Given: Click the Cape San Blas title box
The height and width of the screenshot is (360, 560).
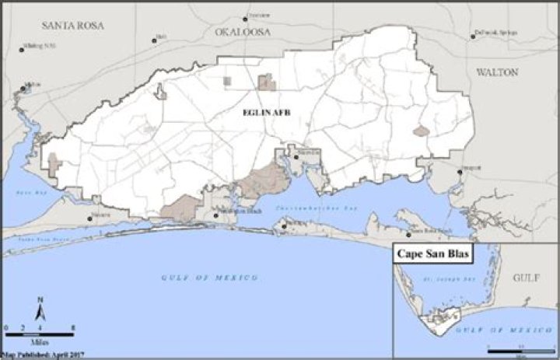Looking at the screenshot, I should [435, 254].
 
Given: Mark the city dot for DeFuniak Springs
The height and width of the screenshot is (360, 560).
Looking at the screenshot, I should [472, 36].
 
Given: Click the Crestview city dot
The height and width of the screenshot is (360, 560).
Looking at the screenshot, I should [247, 17].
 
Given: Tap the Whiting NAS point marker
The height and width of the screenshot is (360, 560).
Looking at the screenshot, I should [23, 50].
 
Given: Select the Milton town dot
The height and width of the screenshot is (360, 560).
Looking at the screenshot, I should [24, 88].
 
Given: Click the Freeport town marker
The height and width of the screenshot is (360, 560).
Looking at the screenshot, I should [460, 172].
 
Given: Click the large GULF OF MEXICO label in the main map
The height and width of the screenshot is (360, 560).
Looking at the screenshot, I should [209, 278].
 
